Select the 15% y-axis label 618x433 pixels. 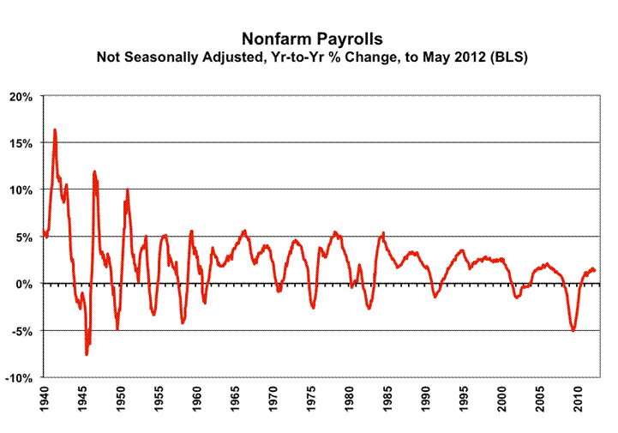(x=20, y=143)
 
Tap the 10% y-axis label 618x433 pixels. (x=20, y=189)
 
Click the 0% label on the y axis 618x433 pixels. (x=23, y=284)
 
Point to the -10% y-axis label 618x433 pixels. (x=18, y=378)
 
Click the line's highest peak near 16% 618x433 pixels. (x=55, y=130)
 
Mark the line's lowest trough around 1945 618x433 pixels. (x=87, y=353)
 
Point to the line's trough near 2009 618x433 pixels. (x=573, y=330)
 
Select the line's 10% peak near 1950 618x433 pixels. (x=127, y=189)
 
